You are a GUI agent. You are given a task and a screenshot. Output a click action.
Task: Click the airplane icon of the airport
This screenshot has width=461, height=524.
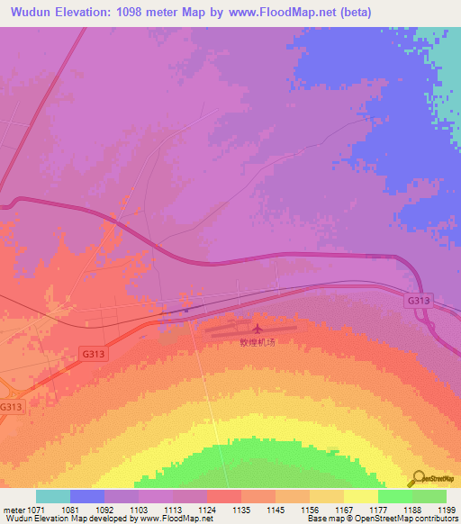point(258,328)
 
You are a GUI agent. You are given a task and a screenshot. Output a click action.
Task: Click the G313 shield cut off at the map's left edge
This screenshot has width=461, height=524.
point(9,407)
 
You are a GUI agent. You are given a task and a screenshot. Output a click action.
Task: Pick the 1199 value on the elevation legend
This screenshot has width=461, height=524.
point(447,509)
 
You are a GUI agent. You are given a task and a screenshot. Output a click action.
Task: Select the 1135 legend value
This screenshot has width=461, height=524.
point(241,509)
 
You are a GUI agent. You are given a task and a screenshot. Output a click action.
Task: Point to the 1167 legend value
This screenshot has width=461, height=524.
point(344,509)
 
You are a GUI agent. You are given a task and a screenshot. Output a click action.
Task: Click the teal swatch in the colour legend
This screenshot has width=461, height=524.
point(52,496)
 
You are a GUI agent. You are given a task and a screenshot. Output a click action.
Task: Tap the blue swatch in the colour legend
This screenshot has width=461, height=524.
point(86,496)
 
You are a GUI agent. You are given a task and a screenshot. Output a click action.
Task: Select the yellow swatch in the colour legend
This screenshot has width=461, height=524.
point(361,496)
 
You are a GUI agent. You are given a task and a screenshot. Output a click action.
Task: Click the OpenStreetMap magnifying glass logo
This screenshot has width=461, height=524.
point(419,479)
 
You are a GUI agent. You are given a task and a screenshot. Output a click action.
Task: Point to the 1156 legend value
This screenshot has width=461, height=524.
point(311,509)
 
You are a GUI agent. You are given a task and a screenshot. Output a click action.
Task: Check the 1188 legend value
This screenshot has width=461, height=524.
point(412,509)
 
